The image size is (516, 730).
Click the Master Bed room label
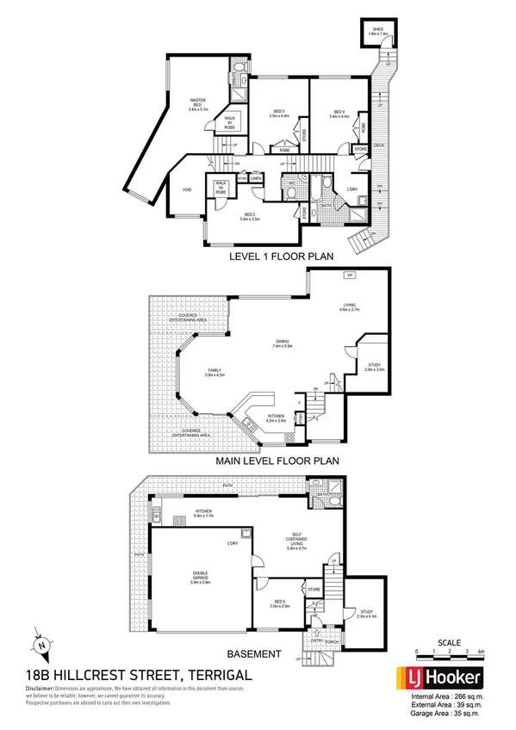202,106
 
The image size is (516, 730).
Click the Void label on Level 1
186,190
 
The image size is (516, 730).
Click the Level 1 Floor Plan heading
281,256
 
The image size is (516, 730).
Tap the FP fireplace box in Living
349,275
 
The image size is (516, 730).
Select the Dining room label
283,343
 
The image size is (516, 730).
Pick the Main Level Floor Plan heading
278,461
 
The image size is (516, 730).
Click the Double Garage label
202,580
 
